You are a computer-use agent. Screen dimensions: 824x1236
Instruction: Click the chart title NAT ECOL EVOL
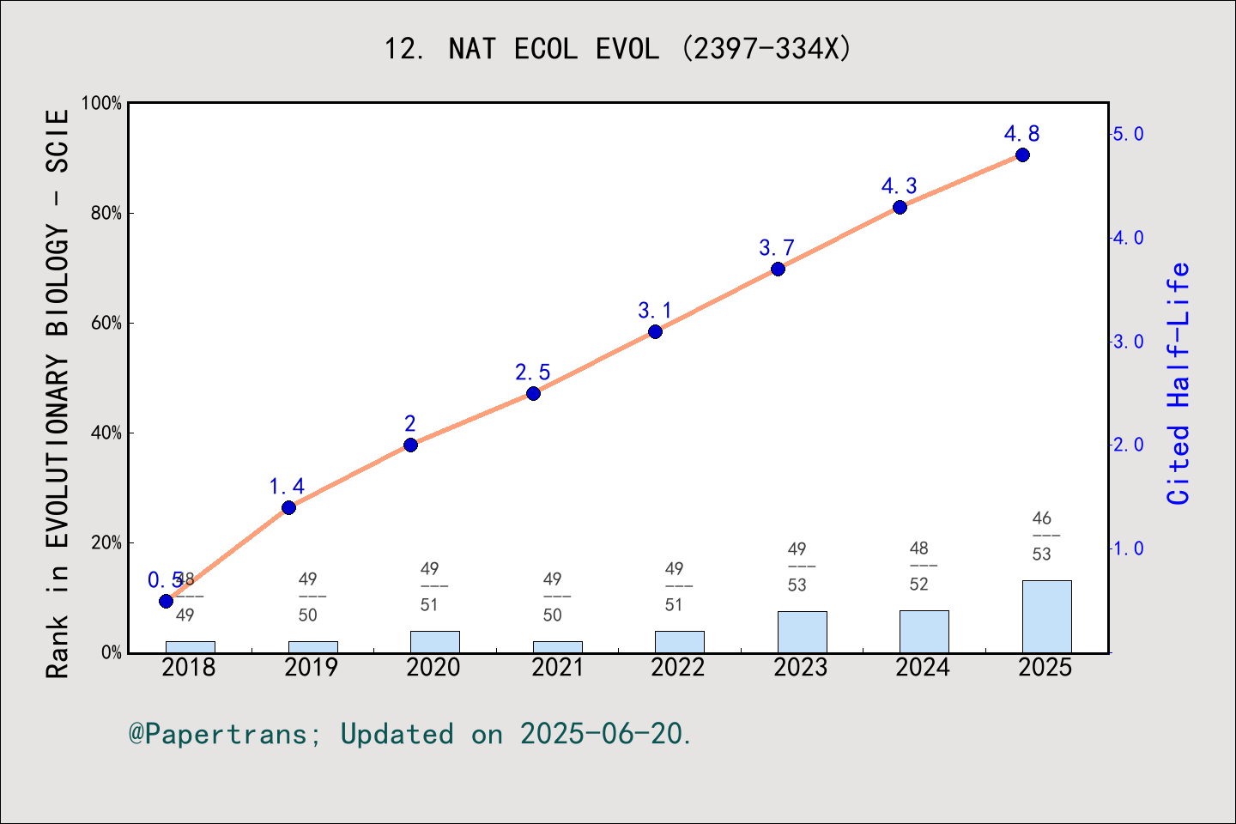617,49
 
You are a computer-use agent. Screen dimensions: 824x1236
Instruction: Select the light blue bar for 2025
1046,616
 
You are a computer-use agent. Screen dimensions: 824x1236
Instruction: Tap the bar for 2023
802,632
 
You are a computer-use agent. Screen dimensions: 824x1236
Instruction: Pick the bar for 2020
434,641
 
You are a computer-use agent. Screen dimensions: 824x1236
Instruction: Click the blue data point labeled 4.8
1022,155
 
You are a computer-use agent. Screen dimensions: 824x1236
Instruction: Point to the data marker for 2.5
533,393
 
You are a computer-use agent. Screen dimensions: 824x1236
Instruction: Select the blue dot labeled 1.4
288,507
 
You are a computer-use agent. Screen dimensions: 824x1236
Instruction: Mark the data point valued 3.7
778,269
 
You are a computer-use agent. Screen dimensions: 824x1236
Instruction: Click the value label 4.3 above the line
899,186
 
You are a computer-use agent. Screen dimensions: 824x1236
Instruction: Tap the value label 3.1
654,311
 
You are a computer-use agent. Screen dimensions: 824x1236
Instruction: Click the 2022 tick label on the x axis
677,668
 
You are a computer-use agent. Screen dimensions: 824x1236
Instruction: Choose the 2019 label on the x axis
311,668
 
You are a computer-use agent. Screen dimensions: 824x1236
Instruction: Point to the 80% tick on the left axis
106,213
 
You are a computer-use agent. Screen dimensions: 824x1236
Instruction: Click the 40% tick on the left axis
106,433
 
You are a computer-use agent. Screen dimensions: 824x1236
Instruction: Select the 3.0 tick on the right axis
1128,342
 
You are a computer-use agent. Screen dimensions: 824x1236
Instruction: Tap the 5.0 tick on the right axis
1128,134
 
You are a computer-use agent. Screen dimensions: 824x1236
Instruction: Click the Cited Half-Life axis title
1178,384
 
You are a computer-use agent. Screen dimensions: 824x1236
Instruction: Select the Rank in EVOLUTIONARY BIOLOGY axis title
57,393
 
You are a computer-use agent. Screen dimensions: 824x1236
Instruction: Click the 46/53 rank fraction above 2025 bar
1042,536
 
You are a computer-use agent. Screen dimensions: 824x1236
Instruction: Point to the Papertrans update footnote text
410,734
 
